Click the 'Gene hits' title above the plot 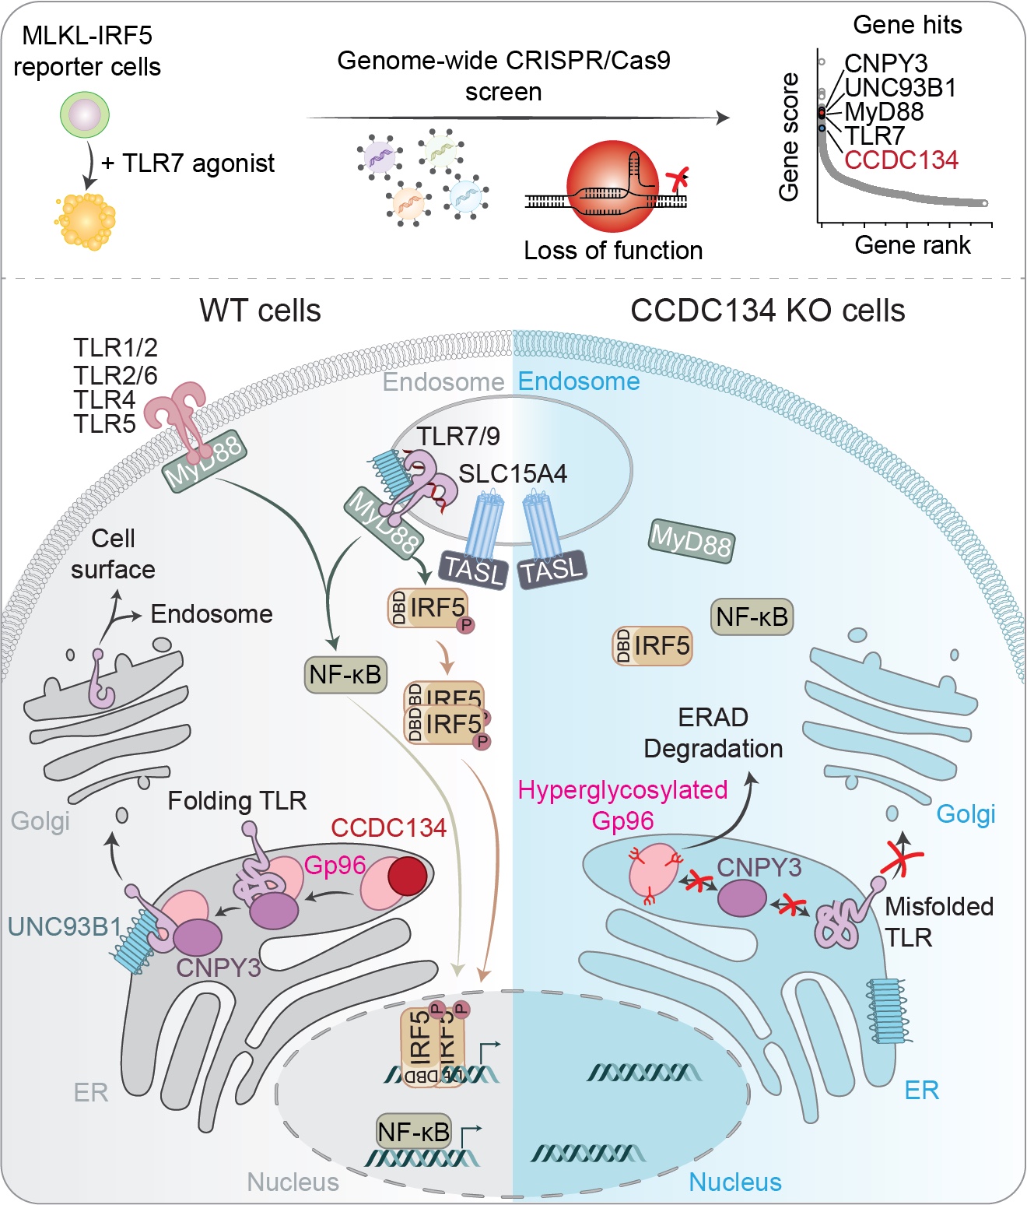click(907, 25)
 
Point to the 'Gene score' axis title click(790, 137)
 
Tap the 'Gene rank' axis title click(912, 245)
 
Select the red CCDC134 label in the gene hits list click(901, 160)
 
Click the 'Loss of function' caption click(613, 251)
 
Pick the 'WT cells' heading click(260, 311)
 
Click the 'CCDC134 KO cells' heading click(767, 311)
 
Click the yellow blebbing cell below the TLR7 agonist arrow click(86, 222)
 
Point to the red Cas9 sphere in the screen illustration click(613, 187)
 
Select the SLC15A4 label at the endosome click(513, 474)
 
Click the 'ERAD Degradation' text click(713, 733)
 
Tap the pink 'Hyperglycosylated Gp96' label click(622, 805)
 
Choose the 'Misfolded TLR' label click(938, 922)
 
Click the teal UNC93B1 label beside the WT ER click(65, 926)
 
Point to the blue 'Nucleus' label click(734, 1182)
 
